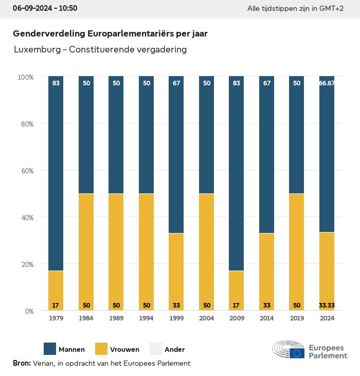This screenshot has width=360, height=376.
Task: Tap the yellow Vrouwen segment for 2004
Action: (207, 252)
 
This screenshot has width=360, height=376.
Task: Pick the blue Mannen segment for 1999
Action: (176, 155)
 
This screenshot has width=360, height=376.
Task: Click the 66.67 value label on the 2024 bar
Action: (327, 83)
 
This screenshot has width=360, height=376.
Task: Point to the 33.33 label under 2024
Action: (327, 305)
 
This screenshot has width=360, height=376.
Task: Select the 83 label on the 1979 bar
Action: (56, 83)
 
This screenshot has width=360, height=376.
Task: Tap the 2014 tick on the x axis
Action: (267, 318)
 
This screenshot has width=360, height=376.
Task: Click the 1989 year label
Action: (116, 318)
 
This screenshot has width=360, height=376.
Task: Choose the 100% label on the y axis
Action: (25, 77)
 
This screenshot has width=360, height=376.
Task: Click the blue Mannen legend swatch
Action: (49, 349)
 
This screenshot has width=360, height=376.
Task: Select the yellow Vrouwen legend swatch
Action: (102, 349)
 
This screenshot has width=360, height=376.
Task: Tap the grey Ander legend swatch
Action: (156, 349)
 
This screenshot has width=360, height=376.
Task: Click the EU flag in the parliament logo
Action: (297, 353)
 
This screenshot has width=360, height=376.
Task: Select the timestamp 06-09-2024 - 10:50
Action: (45, 9)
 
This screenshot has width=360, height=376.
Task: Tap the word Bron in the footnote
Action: (22, 363)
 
